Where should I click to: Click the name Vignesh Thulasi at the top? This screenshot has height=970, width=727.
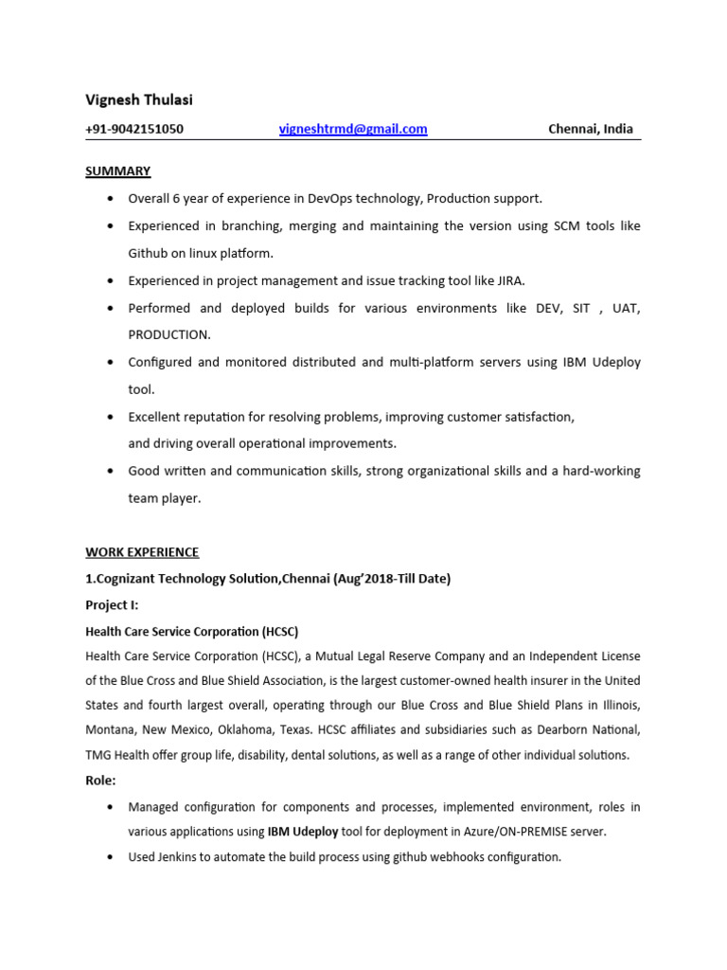[139, 99]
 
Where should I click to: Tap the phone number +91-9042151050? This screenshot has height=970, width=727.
[134, 130]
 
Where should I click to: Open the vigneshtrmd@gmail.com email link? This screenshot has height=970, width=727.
[353, 129]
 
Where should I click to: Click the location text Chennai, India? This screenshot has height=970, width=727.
[591, 129]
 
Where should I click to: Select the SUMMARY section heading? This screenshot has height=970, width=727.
[118, 171]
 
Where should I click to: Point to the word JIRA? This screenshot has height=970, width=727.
[508, 280]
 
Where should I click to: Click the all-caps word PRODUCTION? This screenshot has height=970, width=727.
[169, 335]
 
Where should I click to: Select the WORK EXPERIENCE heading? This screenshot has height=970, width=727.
[142, 552]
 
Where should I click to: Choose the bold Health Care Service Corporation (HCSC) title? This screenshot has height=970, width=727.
[191, 631]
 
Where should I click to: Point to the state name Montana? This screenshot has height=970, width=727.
[111, 730]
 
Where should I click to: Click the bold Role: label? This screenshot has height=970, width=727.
[101, 781]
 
